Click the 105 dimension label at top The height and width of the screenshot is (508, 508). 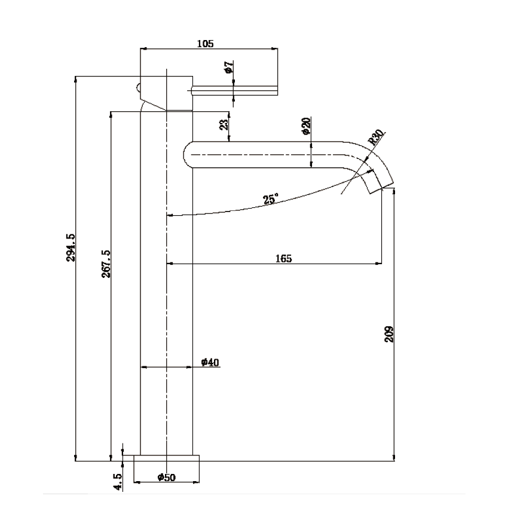205,43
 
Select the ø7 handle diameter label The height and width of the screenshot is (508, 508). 228,68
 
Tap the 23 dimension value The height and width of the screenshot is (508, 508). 224,124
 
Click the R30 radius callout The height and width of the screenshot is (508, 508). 376,138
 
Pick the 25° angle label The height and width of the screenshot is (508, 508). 270,200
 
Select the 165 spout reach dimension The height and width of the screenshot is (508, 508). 283,258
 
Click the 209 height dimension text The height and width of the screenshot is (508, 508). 389,333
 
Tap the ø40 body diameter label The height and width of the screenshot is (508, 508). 210,362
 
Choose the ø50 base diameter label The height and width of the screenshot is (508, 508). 166,477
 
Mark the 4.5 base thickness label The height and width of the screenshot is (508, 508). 118,482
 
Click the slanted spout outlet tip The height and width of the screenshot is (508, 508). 380,182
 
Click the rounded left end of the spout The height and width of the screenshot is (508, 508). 188,154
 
